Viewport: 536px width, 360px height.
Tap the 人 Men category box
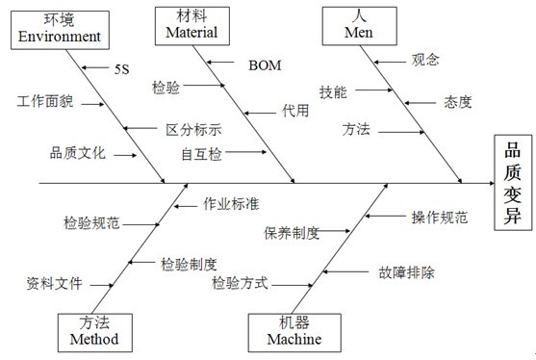(x=358, y=25)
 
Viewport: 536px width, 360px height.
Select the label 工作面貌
(x=44, y=100)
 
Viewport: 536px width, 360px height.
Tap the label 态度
(x=458, y=100)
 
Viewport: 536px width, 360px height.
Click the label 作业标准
(x=231, y=204)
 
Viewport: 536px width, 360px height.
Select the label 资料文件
(x=55, y=284)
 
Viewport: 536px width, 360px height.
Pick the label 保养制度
(x=292, y=232)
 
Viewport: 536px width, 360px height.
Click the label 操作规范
(x=440, y=218)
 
